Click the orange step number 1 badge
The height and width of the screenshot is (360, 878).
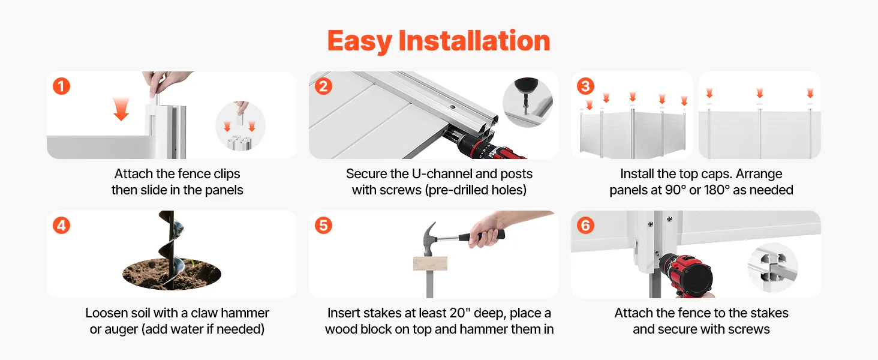click(62, 86)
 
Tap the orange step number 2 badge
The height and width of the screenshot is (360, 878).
click(323, 86)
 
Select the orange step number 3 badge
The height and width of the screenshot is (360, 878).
click(585, 86)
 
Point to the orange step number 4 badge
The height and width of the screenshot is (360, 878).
click(62, 226)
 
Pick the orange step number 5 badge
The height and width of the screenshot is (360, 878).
click(323, 226)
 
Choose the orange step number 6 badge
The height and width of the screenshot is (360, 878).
click(585, 226)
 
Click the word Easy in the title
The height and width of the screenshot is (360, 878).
click(359, 41)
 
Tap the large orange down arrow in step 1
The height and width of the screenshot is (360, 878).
click(121, 109)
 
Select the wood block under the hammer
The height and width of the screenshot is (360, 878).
click(430, 264)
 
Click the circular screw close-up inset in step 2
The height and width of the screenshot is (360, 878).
click(528, 103)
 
